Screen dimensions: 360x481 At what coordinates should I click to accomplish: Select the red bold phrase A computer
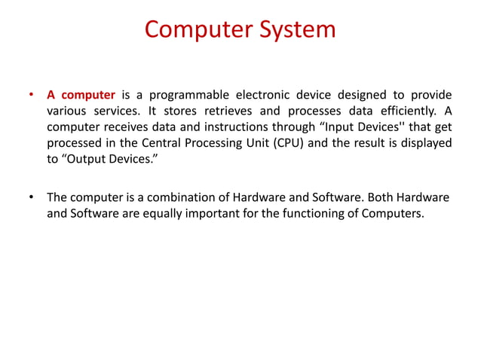coord(81,95)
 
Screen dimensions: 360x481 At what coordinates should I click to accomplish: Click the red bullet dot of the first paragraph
coord(31,96)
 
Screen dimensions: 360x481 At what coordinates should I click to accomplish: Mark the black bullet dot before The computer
coord(31,198)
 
